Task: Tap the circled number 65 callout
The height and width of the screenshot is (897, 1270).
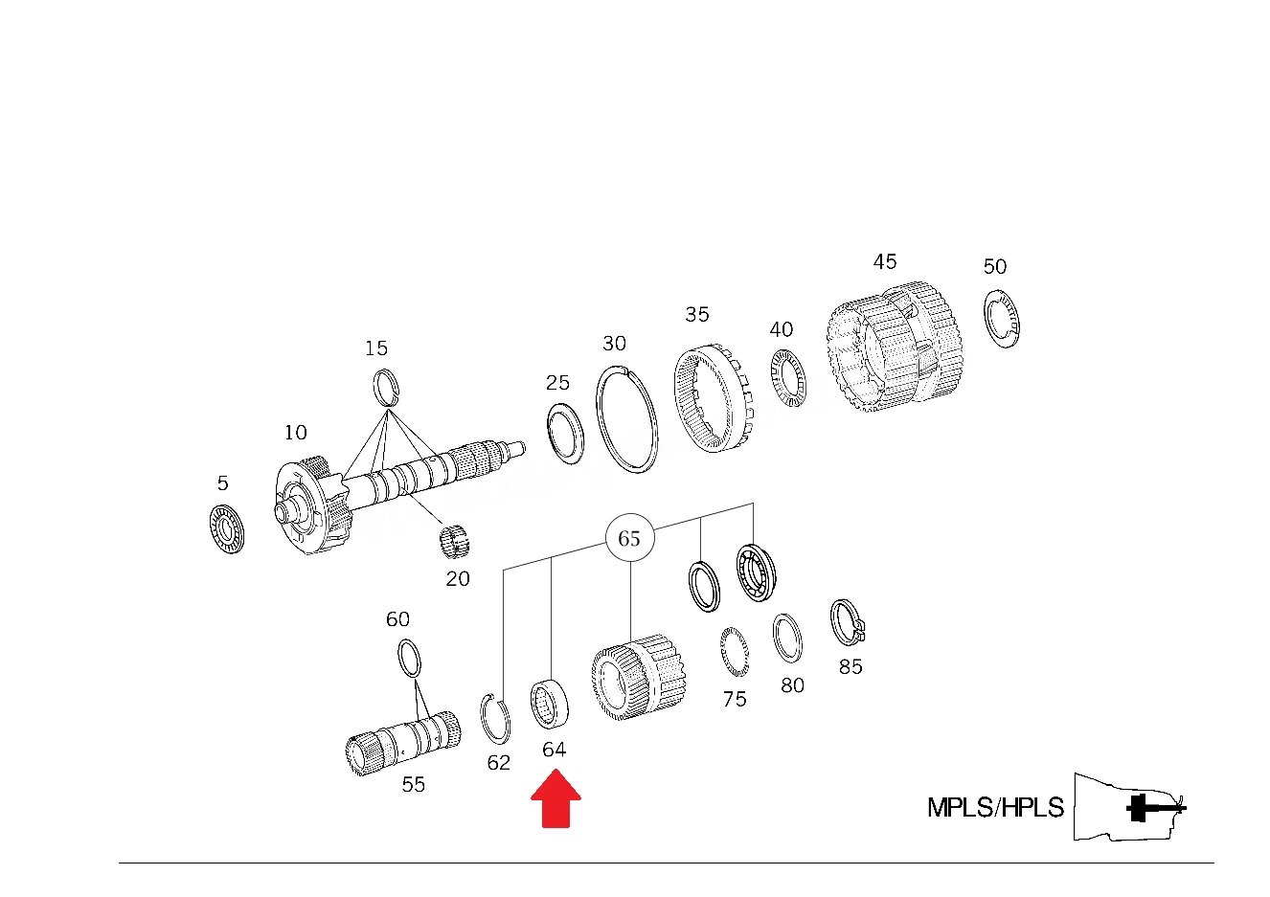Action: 629,538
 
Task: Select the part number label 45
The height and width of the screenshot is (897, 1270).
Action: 884,261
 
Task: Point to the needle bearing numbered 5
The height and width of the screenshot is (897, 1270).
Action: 227,528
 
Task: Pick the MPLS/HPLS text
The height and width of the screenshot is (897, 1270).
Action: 995,807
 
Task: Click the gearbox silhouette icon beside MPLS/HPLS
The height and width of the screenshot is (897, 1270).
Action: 1129,807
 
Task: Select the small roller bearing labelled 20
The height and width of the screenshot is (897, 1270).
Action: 455,541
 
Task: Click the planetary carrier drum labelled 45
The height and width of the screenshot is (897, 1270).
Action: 895,347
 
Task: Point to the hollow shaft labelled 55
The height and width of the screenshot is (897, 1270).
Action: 403,743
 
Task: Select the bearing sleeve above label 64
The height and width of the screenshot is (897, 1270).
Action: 550,705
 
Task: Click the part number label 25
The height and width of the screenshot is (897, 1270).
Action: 557,383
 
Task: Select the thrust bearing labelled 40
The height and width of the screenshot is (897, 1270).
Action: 788,378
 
